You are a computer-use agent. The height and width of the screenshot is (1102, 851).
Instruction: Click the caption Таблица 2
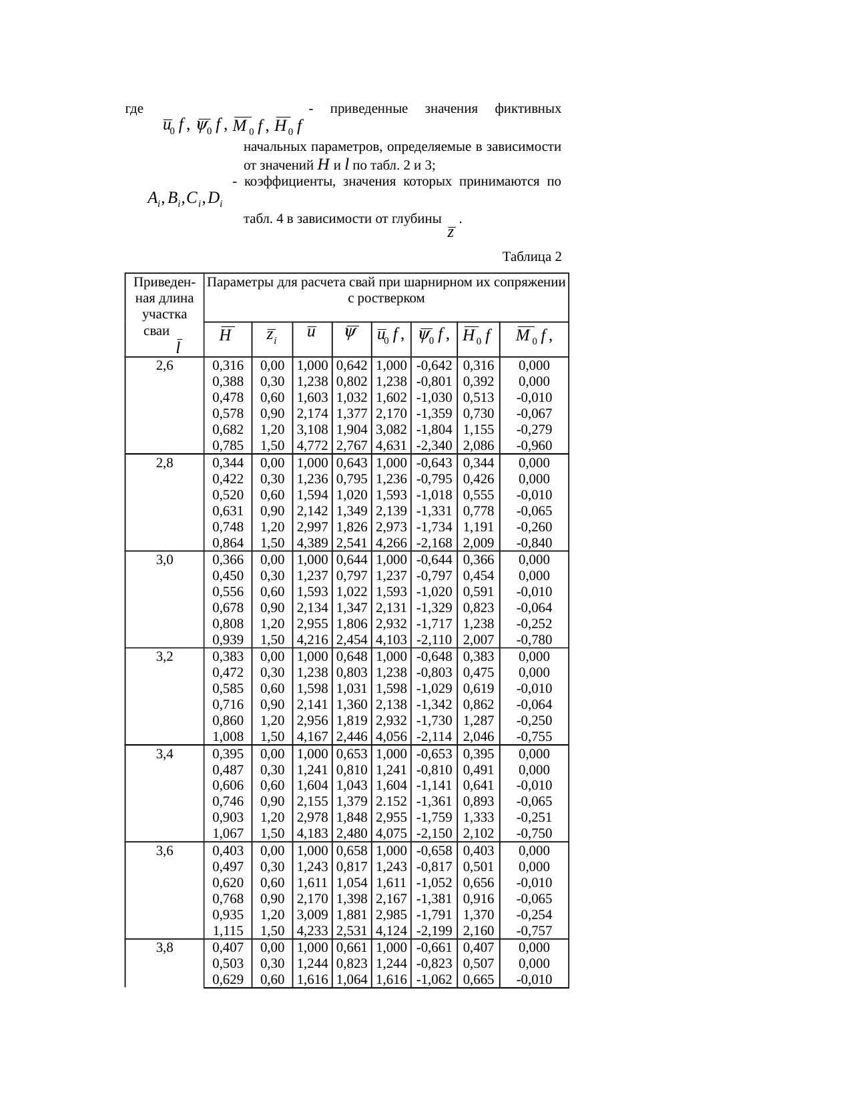531,257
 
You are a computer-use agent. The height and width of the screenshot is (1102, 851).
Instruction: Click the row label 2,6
164,366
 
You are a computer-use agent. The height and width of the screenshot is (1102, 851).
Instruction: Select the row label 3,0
164,560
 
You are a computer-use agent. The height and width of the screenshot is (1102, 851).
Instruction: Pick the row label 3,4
164,754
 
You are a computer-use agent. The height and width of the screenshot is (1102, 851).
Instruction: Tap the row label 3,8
164,948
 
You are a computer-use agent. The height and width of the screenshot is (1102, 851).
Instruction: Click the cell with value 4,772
312,446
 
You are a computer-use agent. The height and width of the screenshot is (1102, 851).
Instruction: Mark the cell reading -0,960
534,446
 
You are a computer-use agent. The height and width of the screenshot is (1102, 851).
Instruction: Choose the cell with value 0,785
228,446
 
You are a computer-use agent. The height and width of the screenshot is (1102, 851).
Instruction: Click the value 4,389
312,543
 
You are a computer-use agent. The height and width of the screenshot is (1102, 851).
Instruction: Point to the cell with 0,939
228,640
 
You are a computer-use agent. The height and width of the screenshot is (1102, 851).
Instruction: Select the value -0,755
534,737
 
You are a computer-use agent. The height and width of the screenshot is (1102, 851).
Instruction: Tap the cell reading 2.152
391,802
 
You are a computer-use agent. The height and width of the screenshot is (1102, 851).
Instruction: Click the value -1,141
434,786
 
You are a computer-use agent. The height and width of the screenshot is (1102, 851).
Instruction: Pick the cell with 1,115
228,931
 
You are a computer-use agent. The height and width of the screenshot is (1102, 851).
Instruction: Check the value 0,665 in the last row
478,980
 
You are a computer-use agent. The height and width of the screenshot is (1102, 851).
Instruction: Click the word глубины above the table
418,218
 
